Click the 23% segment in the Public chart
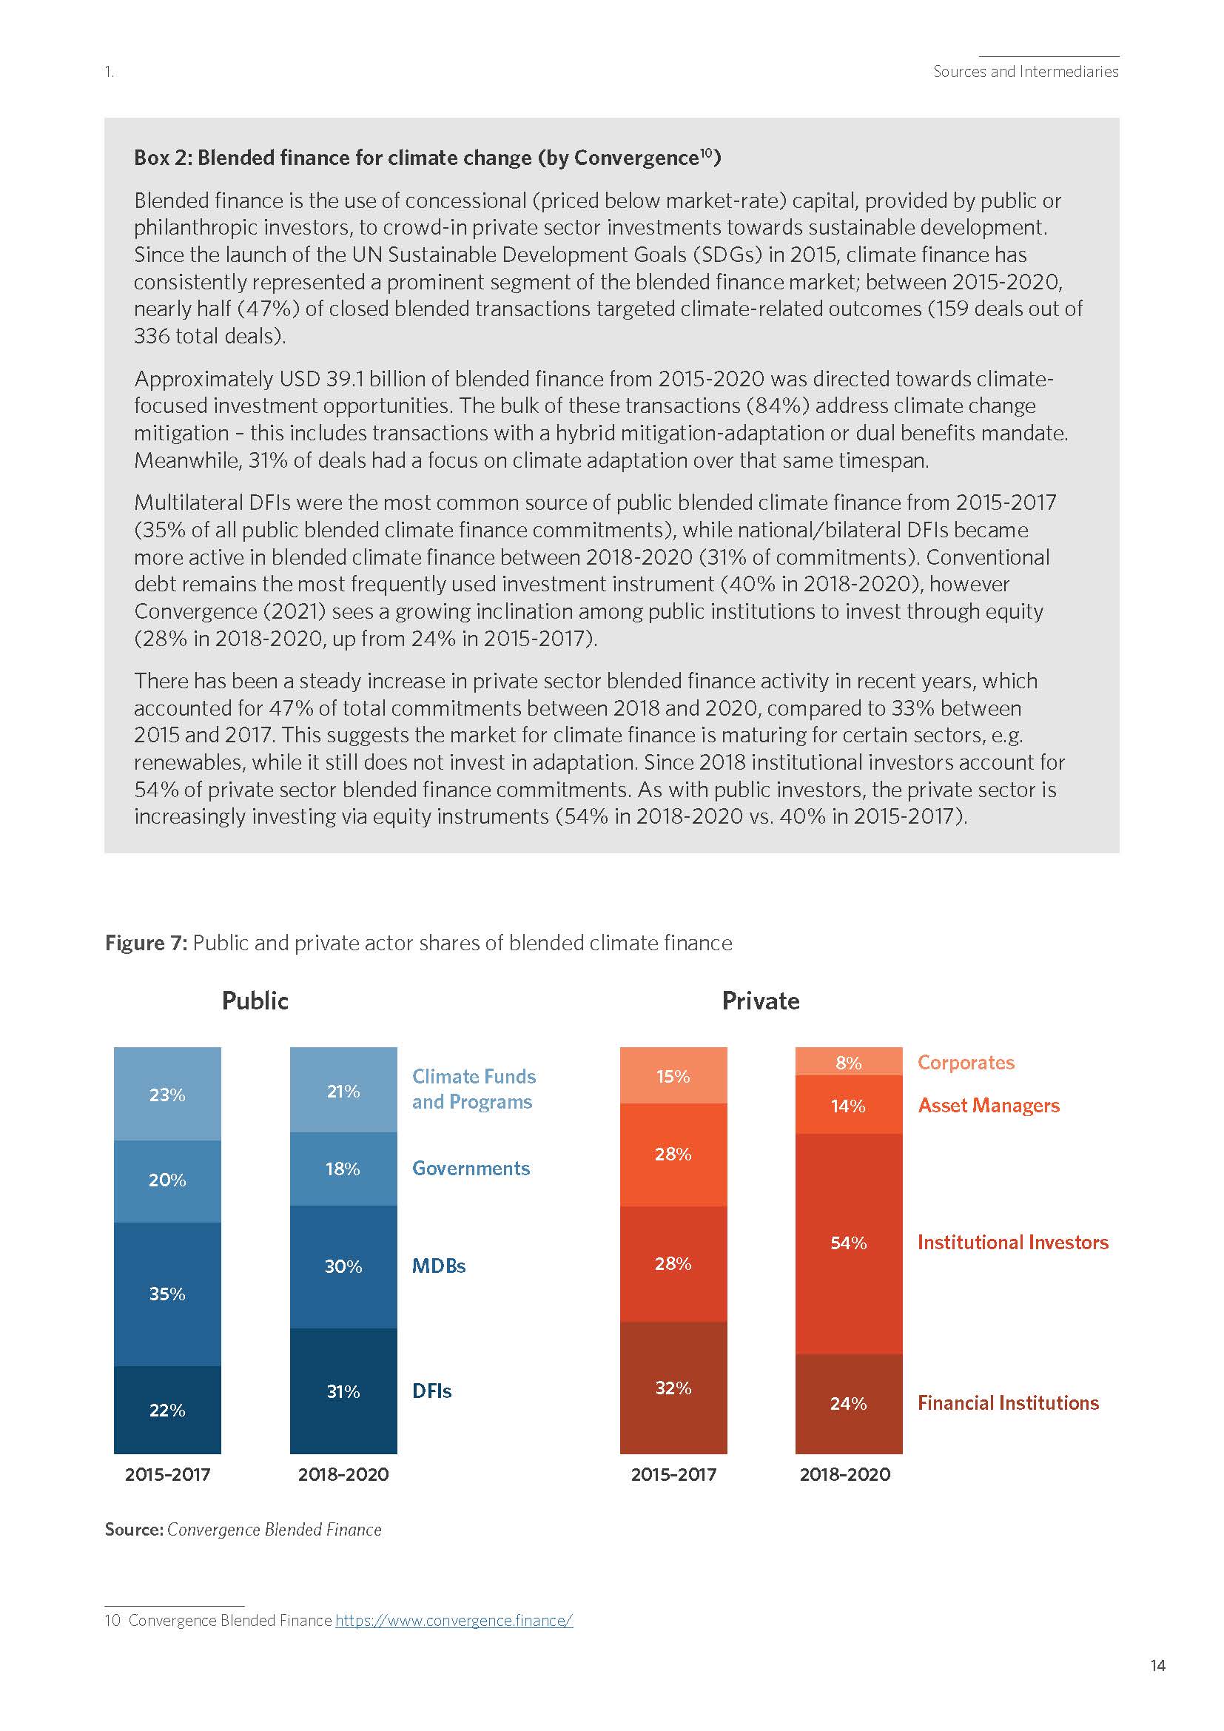pyautogui.click(x=167, y=1094)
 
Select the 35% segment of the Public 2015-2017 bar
pyautogui.click(x=167, y=1294)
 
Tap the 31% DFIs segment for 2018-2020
pyautogui.click(x=343, y=1391)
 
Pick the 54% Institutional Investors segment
pyautogui.click(x=849, y=1243)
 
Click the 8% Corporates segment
pyautogui.click(x=849, y=1062)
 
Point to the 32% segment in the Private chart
pyautogui.click(x=673, y=1388)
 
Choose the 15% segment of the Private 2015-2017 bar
pyautogui.click(x=673, y=1076)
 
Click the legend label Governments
pyautogui.click(x=471, y=1169)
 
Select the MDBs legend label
pyautogui.click(x=439, y=1266)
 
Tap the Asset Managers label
pyautogui.click(x=988, y=1105)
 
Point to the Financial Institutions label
pyautogui.click(x=1008, y=1403)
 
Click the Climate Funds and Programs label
pyautogui.click(x=474, y=1089)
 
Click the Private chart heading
pyautogui.click(x=761, y=1001)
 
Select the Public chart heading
pyautogui.click(x=255, y=1001)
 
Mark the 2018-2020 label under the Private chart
pyautogui.click(x=845, y=1475)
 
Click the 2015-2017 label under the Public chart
pyautogui.click(x=167, y=1475)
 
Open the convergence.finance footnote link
pyautogui.click(x=454, y=1620)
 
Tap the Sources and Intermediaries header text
pyautogui.click(x=1026, y=72)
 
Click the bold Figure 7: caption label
pyautogui.click(x=146, y=943)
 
